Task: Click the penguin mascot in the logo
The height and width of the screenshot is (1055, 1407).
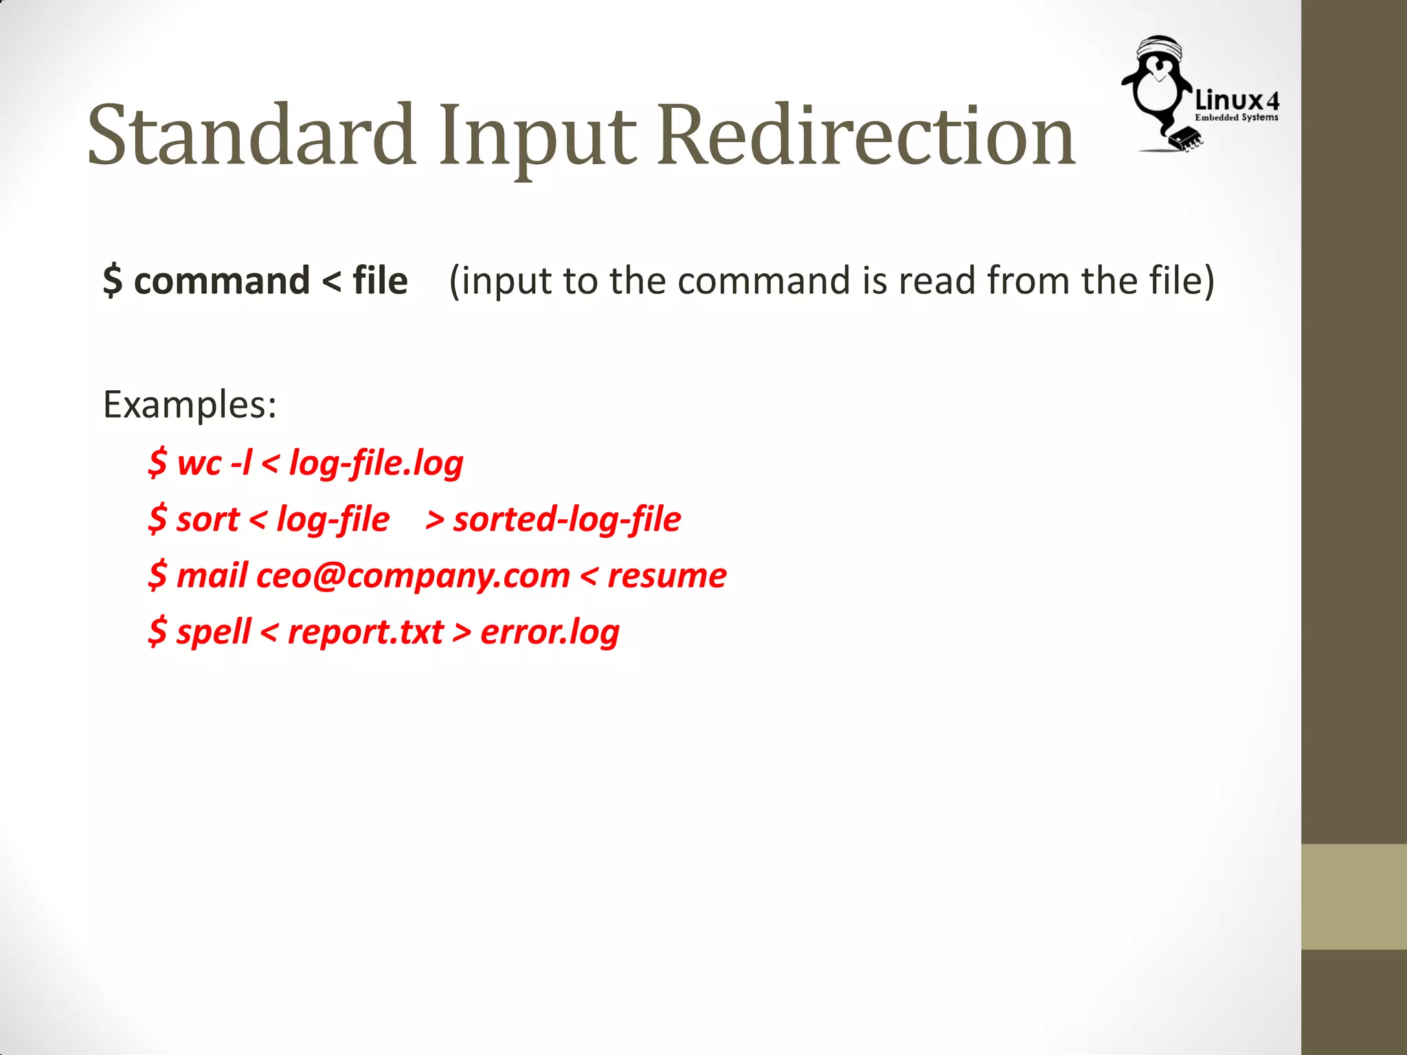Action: tap(1158, 89)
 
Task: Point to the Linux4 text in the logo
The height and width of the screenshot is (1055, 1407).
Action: tap(1237, 101)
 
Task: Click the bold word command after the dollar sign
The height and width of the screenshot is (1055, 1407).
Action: tap(222, 281)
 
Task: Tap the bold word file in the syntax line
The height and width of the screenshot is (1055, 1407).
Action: tap(380, 281)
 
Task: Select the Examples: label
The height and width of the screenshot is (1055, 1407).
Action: tap(190, 405)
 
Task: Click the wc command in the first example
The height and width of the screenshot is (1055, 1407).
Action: tap(199, 462)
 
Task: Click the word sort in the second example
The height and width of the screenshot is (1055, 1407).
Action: tap(207, 519)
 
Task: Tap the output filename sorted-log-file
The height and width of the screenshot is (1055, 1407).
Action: tap(567, 519)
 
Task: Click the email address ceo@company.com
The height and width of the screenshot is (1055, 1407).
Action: tap(413, 576)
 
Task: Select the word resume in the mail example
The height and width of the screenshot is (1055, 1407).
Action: tap(666, 576)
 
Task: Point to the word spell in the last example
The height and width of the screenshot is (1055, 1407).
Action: tap(213, 632)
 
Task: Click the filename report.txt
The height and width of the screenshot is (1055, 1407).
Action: tap(365, 632)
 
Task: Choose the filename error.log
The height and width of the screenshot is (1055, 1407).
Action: tap(550, 632)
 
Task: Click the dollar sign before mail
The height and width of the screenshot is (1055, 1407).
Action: tap(157, 576)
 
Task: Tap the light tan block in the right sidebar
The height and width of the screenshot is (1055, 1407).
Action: tap(1354, 896)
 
